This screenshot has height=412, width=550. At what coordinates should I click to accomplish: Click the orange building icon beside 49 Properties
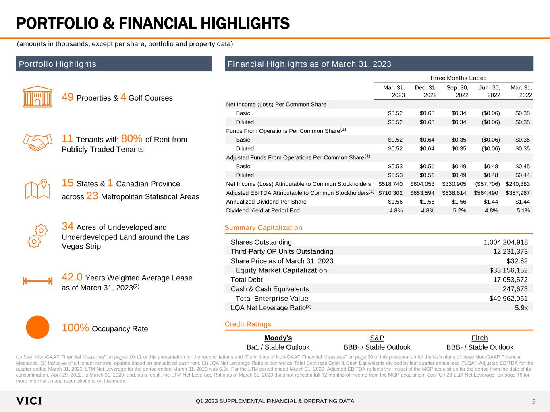37,97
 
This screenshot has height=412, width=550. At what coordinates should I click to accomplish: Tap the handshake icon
37,142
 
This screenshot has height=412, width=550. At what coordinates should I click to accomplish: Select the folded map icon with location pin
37,189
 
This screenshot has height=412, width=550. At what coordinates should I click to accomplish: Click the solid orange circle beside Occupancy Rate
37,327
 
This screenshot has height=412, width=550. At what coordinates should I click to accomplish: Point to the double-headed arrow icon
37,281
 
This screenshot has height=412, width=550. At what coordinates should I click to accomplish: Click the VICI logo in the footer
29,401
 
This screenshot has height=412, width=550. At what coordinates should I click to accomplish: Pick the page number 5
534,401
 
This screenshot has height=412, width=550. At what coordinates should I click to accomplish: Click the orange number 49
67,97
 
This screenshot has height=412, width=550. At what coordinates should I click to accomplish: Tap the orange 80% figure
131,138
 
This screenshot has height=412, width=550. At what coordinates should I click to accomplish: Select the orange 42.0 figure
72,277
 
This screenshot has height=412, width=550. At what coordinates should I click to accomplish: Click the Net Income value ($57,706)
488,184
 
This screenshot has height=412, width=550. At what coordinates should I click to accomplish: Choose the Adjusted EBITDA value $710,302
390,193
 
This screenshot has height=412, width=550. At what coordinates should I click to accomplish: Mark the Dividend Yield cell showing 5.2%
460,211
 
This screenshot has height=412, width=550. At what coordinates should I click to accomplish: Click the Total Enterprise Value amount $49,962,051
508,299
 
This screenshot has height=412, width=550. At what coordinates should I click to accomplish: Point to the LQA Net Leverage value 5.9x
521,308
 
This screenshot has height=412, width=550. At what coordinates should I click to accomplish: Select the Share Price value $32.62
517,261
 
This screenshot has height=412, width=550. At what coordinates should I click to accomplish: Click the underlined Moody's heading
278,338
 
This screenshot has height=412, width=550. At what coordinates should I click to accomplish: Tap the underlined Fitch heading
479,338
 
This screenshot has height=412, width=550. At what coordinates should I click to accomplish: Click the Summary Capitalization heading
264,228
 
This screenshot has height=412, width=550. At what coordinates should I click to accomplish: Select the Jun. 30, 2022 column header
490,91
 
